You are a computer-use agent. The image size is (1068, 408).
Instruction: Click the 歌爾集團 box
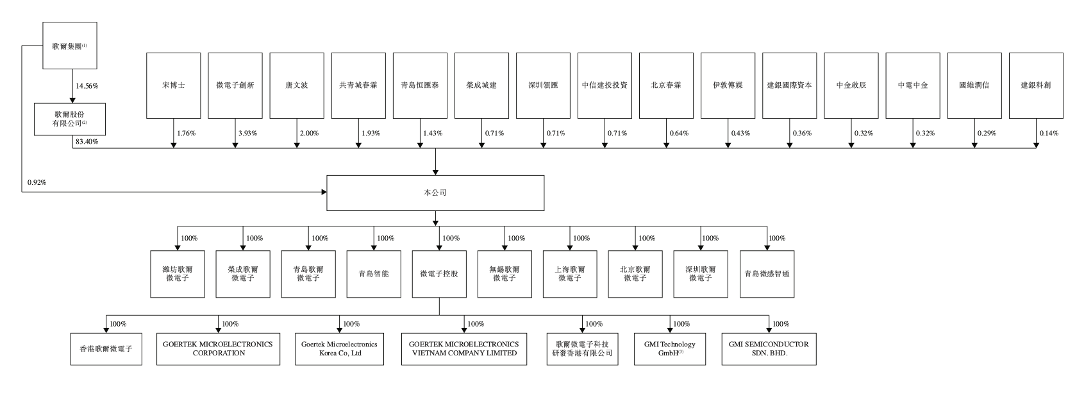[x=70, y=46]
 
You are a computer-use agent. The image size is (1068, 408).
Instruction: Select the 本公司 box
[x=435, y=192]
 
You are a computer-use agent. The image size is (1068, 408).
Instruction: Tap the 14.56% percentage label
[x=87, y=85]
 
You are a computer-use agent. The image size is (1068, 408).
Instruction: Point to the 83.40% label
[x=87, y=141]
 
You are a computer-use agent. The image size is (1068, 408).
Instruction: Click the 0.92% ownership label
[x=37, y=183]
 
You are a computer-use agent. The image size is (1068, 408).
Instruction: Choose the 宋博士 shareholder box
[x=173, y=85]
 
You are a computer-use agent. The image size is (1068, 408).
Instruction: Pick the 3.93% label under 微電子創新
[x=247, y=133]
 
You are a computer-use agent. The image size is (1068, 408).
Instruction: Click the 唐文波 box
[x=296, y=85]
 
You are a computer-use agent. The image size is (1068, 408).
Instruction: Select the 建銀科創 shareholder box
[x=1036, y=85]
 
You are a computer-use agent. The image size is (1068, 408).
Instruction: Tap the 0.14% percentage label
[x=1048, y=133]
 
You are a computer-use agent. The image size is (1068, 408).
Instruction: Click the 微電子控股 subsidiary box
[x=439, y=274]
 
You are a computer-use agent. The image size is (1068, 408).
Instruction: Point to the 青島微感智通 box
[x=767, y=274]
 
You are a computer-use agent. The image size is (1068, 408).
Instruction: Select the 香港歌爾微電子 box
[x=106, y=348]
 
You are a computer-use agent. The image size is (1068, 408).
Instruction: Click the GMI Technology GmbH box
[x=669, y=348]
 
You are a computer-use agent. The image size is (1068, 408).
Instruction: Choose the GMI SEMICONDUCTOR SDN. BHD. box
[x=769, y=348]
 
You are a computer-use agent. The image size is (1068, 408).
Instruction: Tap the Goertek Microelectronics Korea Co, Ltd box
[x=339, y=348]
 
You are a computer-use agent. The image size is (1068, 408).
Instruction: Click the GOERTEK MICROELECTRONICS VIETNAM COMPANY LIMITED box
[x=464, y=348]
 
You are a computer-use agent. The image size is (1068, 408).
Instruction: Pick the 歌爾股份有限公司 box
[x=70, y=119]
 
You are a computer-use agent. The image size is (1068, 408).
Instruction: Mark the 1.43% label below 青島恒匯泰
[x=433, y=133]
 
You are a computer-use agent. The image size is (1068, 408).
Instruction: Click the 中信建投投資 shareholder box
[x=605, y=85]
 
